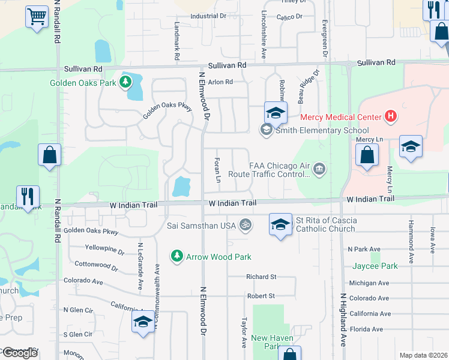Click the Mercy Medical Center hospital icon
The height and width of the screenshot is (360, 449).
391,116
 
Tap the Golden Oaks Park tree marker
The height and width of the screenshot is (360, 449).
125,83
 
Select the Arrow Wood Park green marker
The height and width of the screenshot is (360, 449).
176,256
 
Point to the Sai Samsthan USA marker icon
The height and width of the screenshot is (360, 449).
245,225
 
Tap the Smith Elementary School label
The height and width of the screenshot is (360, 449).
322,130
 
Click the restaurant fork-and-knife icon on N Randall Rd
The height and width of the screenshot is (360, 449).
28,196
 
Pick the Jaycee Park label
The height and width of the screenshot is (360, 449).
376,266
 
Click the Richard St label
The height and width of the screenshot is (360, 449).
261,277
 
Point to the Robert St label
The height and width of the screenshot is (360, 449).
261,296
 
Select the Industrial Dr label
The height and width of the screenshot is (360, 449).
208,16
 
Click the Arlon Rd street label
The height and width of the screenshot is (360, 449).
220,82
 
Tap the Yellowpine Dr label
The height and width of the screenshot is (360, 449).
104,248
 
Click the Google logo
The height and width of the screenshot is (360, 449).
19,353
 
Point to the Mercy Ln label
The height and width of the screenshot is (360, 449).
369,140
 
